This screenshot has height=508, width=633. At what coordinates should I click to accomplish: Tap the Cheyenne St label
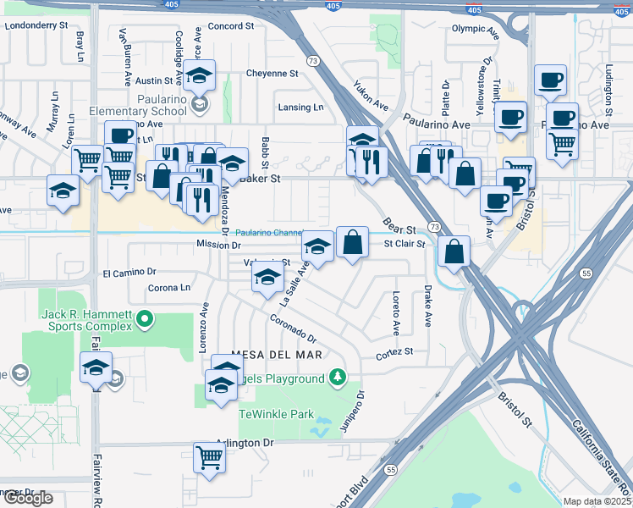point(272,73)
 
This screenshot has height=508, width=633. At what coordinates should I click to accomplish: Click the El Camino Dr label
point(130,273)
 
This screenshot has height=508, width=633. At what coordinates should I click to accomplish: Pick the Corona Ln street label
point(168,288)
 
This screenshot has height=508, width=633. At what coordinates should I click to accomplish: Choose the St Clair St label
point(404,244)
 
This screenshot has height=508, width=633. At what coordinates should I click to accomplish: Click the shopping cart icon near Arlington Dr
point(209,457)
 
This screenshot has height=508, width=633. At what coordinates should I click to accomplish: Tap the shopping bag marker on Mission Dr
point(352,242)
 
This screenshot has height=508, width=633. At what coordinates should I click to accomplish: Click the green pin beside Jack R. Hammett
point(145,320)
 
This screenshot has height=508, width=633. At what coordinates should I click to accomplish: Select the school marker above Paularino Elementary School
point(200,75)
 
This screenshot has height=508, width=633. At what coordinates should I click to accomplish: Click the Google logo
point(28,498)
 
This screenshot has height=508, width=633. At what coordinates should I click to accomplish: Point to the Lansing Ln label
point(300,108)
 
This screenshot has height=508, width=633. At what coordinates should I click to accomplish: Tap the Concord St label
point(231,26)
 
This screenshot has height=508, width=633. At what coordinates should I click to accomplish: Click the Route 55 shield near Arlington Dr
point(390,468)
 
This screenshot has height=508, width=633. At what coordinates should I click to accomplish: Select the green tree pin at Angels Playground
point(338,376)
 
